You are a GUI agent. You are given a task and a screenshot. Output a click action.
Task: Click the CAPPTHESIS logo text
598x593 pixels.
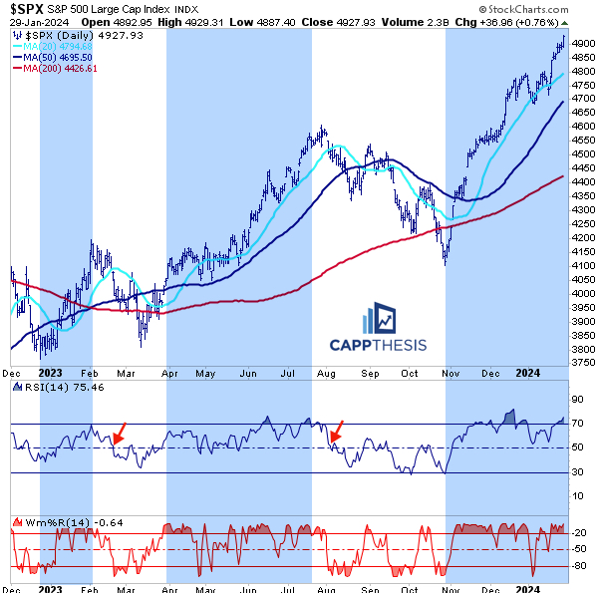(378, 345)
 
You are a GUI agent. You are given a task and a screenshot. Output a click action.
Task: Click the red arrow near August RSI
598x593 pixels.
(338, 433)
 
